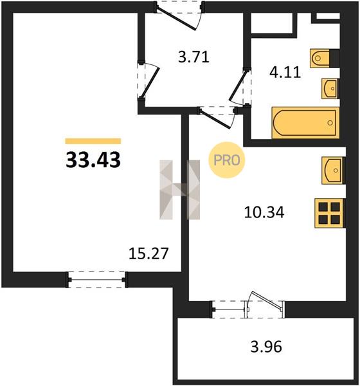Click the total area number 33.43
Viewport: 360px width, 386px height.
(x=93, y=160)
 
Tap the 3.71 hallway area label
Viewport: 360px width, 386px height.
(x=194, y=57)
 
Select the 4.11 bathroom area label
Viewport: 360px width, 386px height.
(x=285, y=72)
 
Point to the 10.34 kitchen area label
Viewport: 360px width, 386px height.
(x=264, y=212)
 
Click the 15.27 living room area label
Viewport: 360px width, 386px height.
(x=148, y=253)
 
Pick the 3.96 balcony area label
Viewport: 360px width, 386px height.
(x=266, y=347)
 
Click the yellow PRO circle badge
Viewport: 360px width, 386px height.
(x=227, y=160)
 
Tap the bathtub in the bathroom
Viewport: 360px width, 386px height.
(x=305, y=122)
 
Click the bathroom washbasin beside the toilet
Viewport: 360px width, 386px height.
(x=330, y=89)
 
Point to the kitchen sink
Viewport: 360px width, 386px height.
(x=333, y=170)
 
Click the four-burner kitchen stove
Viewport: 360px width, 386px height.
(x=330, y=213)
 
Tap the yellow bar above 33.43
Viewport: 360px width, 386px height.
(x=93, y=141)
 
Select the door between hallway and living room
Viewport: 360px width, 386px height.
(x=148, y=81)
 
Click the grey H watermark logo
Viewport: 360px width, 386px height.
(x=179, y=190)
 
